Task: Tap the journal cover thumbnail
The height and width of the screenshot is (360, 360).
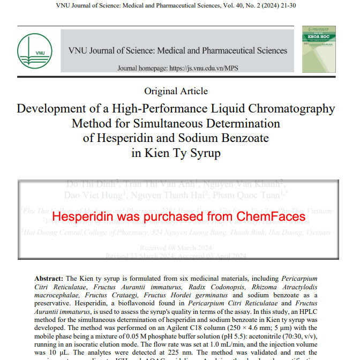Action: tap(318, 49)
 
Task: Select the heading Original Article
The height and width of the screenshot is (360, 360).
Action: tap(176, 91)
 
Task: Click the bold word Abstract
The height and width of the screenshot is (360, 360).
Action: tap(49, 279)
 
